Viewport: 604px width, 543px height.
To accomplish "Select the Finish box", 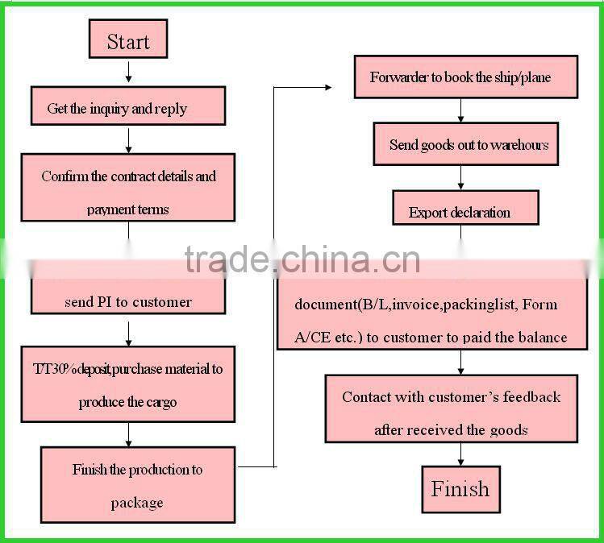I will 460,489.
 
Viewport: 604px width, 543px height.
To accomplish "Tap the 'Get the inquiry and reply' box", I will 127,109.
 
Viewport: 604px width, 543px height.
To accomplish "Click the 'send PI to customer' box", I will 127,302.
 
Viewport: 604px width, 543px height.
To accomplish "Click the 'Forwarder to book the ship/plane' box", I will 465,77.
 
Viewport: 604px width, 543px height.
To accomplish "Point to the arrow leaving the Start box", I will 128,70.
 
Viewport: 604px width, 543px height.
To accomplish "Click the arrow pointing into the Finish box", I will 460,454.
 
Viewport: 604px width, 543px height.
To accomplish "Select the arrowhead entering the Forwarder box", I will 327,86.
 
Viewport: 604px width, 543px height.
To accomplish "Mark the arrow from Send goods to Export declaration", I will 460,177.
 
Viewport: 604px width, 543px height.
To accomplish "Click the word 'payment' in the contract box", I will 111,209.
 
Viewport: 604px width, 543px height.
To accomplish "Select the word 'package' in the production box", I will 137,503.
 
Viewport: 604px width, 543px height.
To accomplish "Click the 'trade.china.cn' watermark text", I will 302,259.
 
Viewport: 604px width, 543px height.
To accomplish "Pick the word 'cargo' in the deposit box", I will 160,402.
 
